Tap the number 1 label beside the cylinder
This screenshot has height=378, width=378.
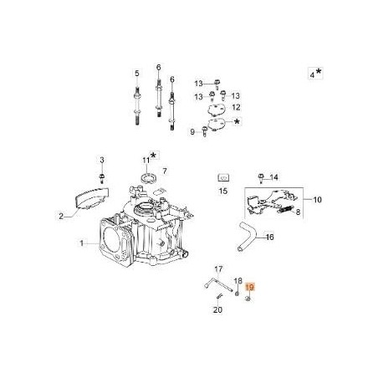[x=82, y=243]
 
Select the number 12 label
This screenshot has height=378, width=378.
[x=237, y=107]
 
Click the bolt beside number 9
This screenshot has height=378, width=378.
[x=204, y=132]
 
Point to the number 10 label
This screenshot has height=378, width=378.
[x=293, y=200]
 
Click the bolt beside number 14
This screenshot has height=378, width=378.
[x=261, y=177]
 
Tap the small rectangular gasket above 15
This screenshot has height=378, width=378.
[x=223, y=178]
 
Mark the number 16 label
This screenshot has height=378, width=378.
[x=269, y=237]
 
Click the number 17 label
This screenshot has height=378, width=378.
[x=217, y=268]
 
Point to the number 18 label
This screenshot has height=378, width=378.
[x=238, y=281]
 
